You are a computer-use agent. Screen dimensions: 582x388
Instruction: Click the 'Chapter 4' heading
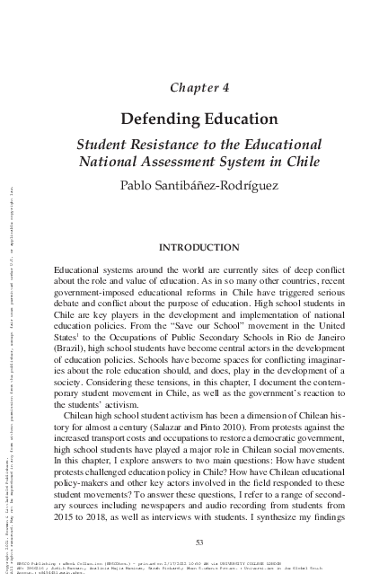(x=201, y=86)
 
